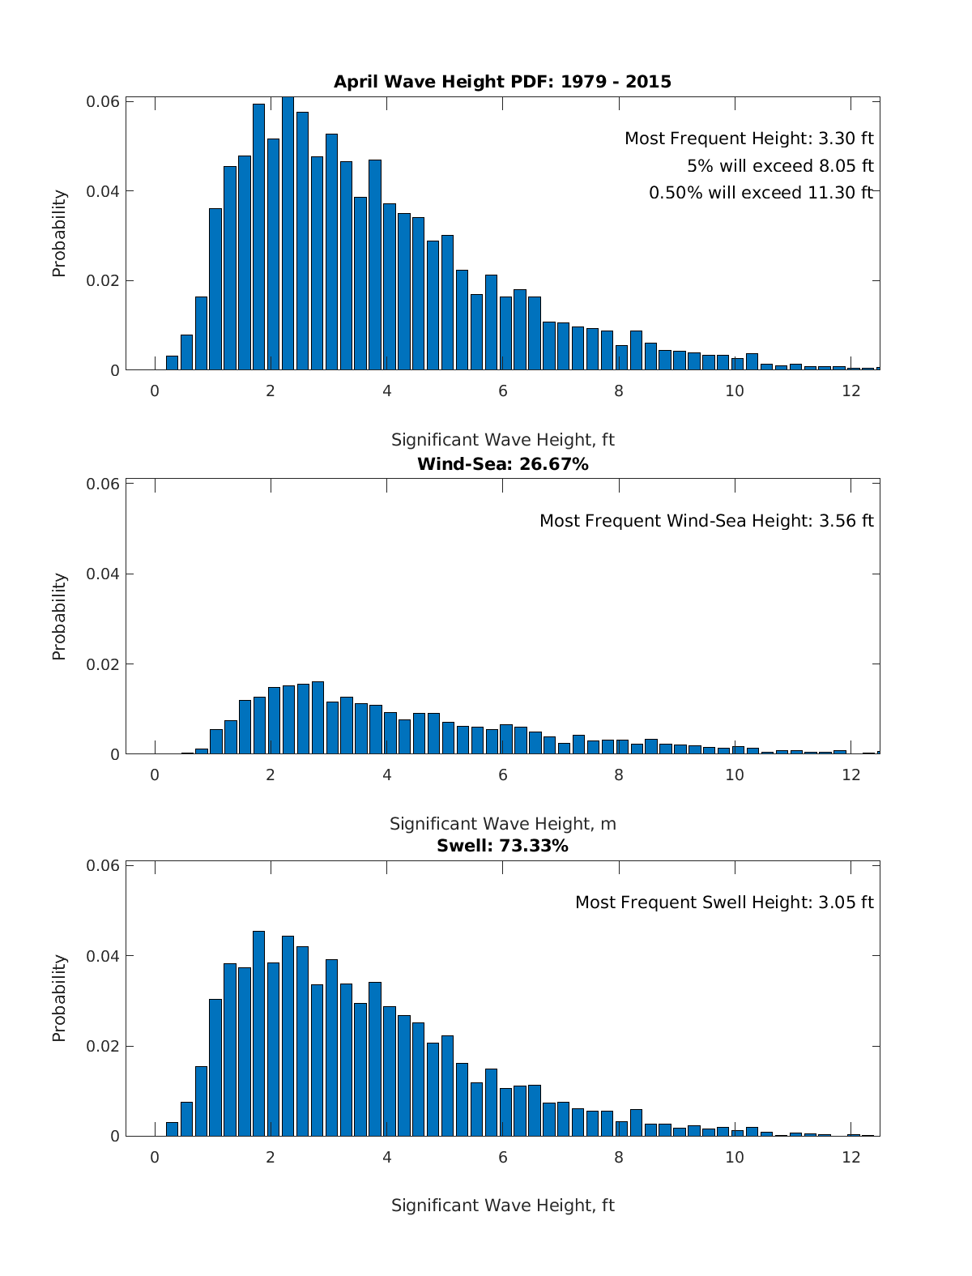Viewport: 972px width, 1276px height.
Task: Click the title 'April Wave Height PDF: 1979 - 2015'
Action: [x=502, y=82]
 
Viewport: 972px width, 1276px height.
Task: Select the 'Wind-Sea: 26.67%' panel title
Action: [x=502, y=464]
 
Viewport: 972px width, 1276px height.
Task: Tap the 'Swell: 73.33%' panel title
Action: [x=502, y=846]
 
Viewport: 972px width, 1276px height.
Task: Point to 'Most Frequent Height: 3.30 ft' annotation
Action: [x=748, y=139]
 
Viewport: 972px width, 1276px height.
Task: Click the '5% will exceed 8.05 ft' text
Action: [x=780, y=166]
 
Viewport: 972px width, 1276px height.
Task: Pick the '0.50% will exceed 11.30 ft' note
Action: [x=761, y=193]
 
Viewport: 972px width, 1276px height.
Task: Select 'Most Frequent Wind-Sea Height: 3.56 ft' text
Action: [x=706, y=521]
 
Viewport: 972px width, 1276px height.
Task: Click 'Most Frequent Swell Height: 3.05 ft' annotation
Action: [x=724, y=903]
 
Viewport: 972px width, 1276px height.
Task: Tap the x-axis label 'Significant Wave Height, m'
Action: [x=502, y=824]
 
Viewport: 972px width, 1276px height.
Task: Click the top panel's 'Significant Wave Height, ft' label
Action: [x=502, y=440]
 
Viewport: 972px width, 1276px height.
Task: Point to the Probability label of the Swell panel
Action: [x=59, y=997]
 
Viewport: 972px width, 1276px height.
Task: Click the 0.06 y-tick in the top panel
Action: [x=103, y=102]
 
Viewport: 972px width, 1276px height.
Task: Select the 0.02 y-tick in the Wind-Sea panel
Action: [x=103, y=664]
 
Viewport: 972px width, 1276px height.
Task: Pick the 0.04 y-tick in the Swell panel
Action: [x=103, y=956]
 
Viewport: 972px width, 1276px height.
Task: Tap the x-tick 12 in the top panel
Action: [x=850, y=390]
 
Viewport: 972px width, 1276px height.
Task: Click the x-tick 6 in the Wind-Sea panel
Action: [x=502, y=775]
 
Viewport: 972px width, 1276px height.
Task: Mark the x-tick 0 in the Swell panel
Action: [x=155, y=1157]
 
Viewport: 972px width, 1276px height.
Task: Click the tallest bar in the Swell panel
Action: [x=258, y=1034]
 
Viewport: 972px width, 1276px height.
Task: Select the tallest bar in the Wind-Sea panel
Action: [x=318, y=718]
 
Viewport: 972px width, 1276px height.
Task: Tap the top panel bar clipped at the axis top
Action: [x=288, y=233]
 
